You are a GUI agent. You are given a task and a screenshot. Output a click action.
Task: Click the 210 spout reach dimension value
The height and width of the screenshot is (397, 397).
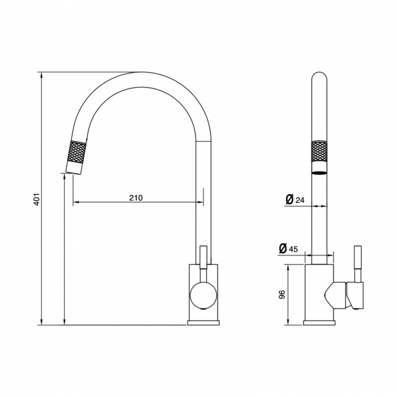coord(136,197)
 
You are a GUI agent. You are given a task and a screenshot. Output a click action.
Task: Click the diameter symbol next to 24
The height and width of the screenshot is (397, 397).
coord(289,200)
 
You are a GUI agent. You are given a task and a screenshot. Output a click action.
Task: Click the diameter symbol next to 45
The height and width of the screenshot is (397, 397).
coord(282,248)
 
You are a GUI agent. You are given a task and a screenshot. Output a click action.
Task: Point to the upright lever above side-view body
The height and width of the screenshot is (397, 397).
coord(204,256)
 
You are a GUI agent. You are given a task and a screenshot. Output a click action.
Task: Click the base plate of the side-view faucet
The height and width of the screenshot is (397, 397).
coord(201,322)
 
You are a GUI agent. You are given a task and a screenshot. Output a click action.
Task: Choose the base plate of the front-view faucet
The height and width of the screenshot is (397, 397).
coord(319,322)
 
